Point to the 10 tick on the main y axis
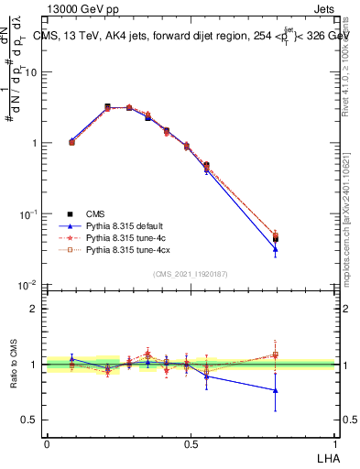coord(31,72)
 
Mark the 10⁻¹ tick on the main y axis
coord(28,213)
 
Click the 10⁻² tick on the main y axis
coord(28,285)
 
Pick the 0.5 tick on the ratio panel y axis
coord(29,420)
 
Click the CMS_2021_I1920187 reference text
coord(191,272)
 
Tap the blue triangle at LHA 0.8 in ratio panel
coord(276,390)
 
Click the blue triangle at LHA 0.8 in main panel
coord(276,248)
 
